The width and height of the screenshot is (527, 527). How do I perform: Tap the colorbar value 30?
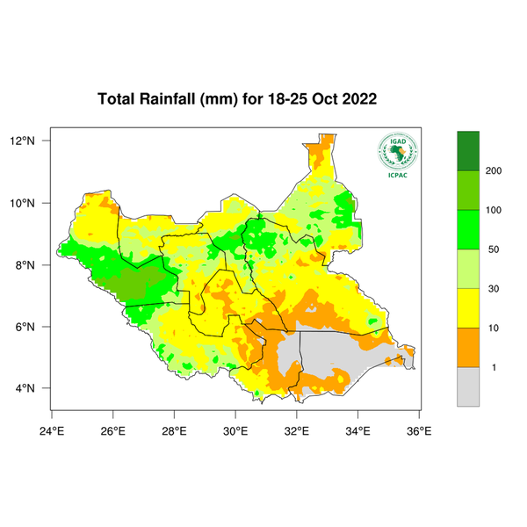[x=495, y=288]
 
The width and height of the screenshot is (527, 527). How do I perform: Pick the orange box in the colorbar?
[x=468, y=347]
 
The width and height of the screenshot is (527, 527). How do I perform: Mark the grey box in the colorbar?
[x=468, y=386]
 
